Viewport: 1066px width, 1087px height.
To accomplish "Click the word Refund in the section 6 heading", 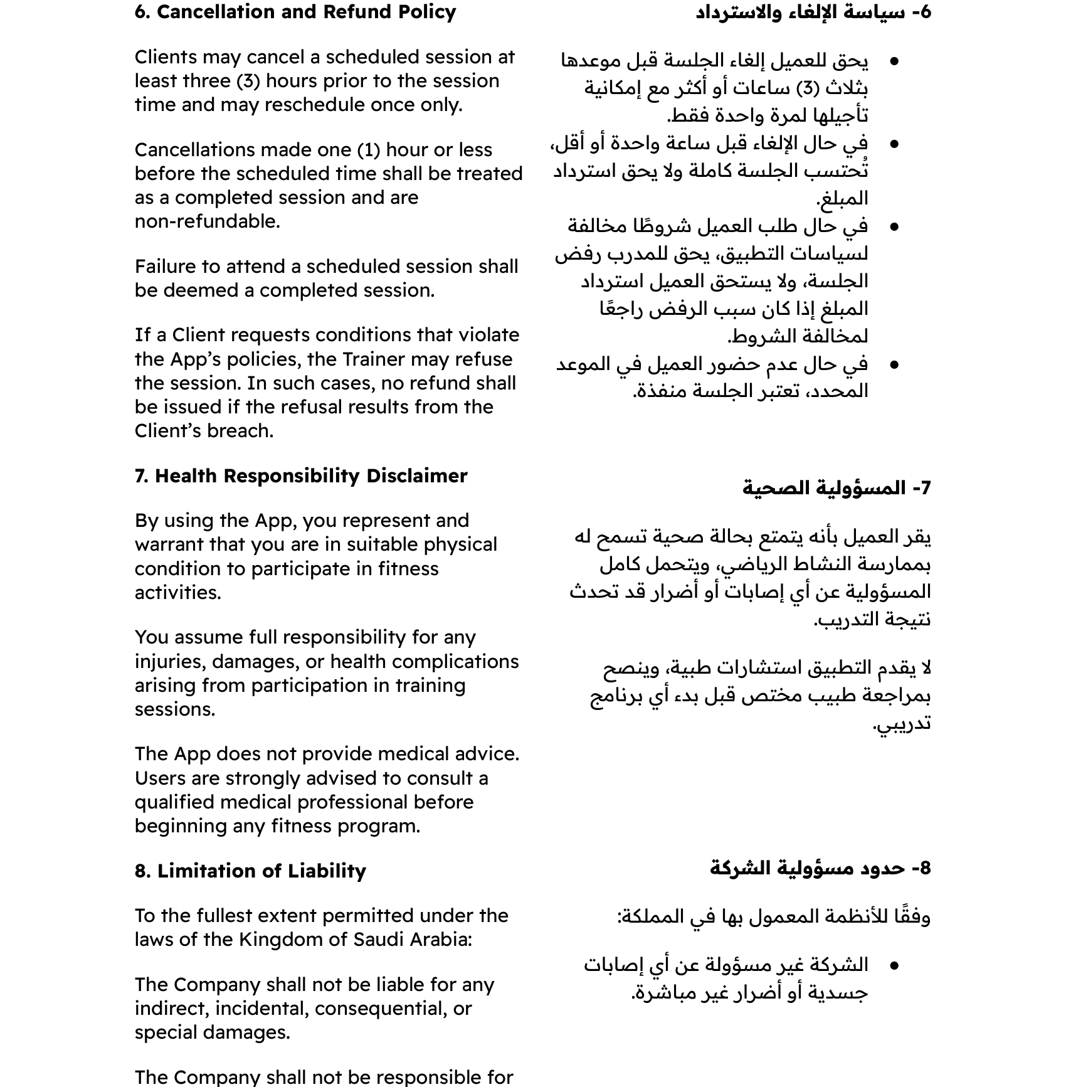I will [358, 12].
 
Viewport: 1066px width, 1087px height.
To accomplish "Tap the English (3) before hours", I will [252, 81].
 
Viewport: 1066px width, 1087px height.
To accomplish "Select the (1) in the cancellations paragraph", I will [369, 150].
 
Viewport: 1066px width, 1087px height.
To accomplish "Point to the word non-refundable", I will [207, 221].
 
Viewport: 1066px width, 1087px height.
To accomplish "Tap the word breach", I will [244, 431].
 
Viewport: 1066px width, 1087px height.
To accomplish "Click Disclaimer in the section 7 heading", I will [417, 476].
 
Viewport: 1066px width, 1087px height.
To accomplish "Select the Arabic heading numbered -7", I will [836, 488].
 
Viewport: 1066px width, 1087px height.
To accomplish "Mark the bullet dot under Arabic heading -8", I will [894, 965].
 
